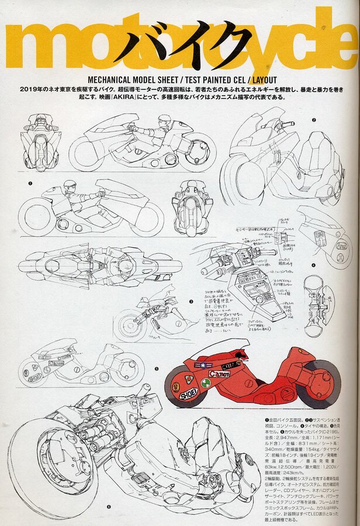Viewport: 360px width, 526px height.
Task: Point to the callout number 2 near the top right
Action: pyautogui.click(x=314, y=120)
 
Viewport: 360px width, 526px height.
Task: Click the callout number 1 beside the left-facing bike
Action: pyautogui.click(x=29, y=183)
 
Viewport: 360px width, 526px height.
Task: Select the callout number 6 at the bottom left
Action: pyautogui.click(x=109, y=507)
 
